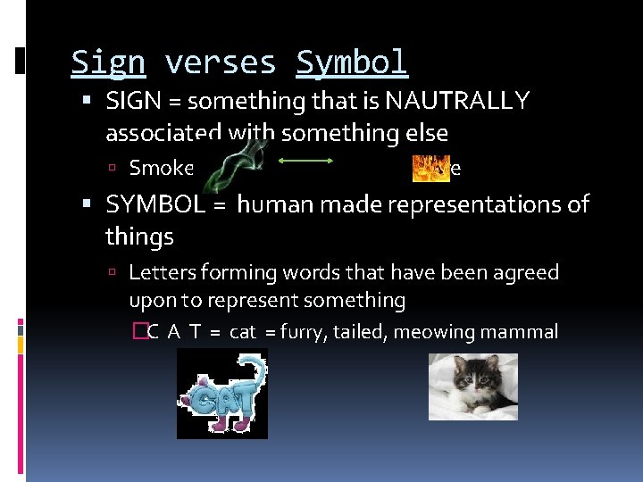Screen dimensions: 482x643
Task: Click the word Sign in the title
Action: [x=107, y=62]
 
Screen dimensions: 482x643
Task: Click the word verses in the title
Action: [x=220, y=62]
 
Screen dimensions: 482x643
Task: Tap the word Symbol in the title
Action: [x=352, y=62]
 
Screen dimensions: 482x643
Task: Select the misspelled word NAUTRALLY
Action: [x=458, y=101]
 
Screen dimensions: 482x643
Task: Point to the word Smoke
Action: [x=162, y=168]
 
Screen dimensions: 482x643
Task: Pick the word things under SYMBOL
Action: [x=139, y=237]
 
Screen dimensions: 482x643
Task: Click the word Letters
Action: [x=164, y=272]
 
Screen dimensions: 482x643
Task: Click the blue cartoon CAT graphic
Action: [x=221, y=394]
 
